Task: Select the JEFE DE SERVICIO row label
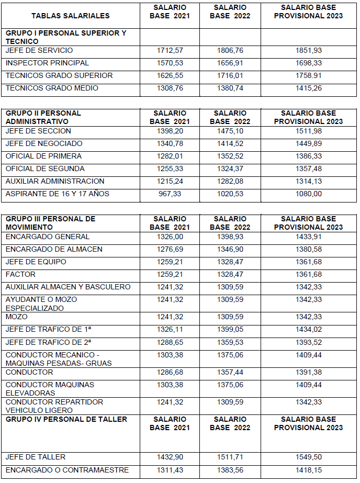(x=39, y=51)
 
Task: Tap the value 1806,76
(x=230, y=51)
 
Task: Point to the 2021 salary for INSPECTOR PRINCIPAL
(x=170, y=63)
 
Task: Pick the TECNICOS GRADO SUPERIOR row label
(x=59, y=76)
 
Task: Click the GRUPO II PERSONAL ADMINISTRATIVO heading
(x=43, y=117)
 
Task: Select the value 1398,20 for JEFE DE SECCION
(x=170, y=131)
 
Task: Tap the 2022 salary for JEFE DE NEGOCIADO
(x=230, y=144)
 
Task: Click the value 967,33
(x=170, y=194)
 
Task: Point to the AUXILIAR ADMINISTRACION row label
(x=55, y=182)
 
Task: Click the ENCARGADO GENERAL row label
(x=48, y=237)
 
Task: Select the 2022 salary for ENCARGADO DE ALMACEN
(x=230, y=250)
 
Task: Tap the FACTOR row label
(x=20, y=275)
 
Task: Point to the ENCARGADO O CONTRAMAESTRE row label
(x=67, y=470)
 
